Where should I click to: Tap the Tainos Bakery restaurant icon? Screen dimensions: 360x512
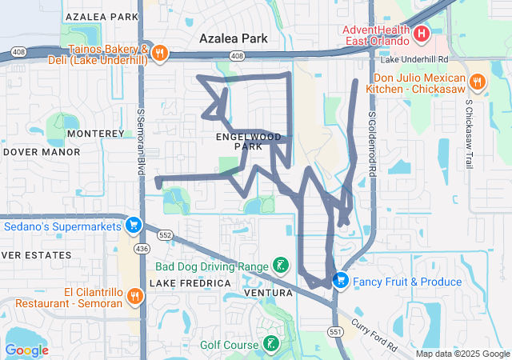pos(160,53)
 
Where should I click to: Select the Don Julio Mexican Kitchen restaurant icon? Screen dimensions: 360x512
pos(478,82)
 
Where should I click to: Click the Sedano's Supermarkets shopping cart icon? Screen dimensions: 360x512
pos(134,224)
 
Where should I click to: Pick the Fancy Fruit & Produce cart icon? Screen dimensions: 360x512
pos(341,281)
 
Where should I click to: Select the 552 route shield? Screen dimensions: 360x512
pos(166,235)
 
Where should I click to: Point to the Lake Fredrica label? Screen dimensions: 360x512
pos(190,283)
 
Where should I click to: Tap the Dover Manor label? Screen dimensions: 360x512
pos(30,150)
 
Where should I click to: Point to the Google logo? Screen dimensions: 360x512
pos(27,350)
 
